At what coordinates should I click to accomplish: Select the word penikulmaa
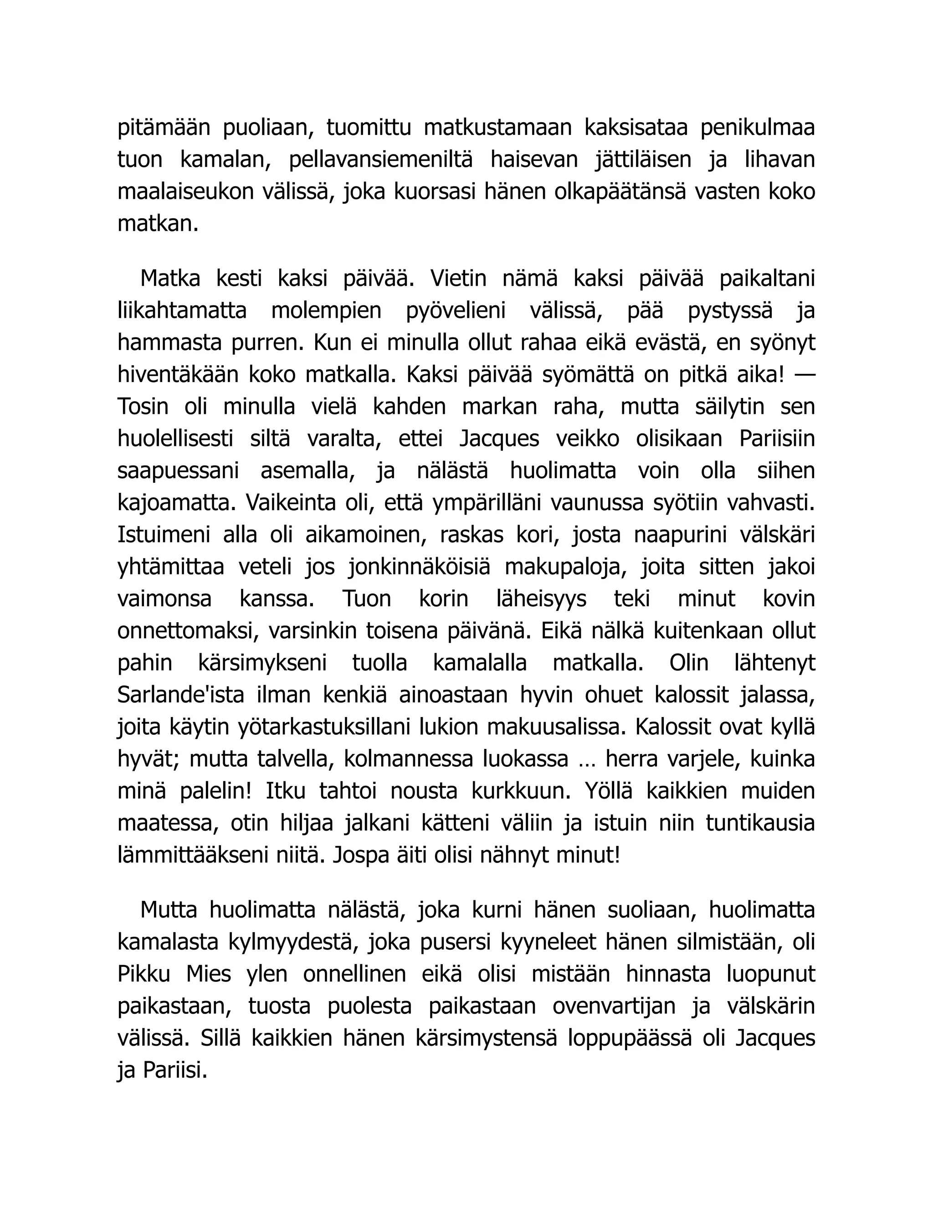pos(757,128)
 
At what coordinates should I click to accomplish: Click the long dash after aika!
pos(806,375)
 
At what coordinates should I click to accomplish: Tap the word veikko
pos(588,439)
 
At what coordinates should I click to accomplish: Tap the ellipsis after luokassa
pos(586,760)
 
